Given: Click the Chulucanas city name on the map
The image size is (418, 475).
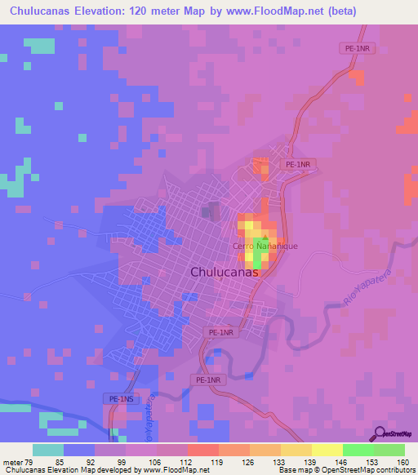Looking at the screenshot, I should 224,273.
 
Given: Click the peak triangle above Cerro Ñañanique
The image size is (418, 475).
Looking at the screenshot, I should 264,237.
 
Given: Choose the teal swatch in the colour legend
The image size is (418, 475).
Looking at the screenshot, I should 48,450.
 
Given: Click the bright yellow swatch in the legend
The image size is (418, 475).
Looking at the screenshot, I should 327,450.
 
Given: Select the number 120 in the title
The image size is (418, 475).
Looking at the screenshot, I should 136,11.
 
